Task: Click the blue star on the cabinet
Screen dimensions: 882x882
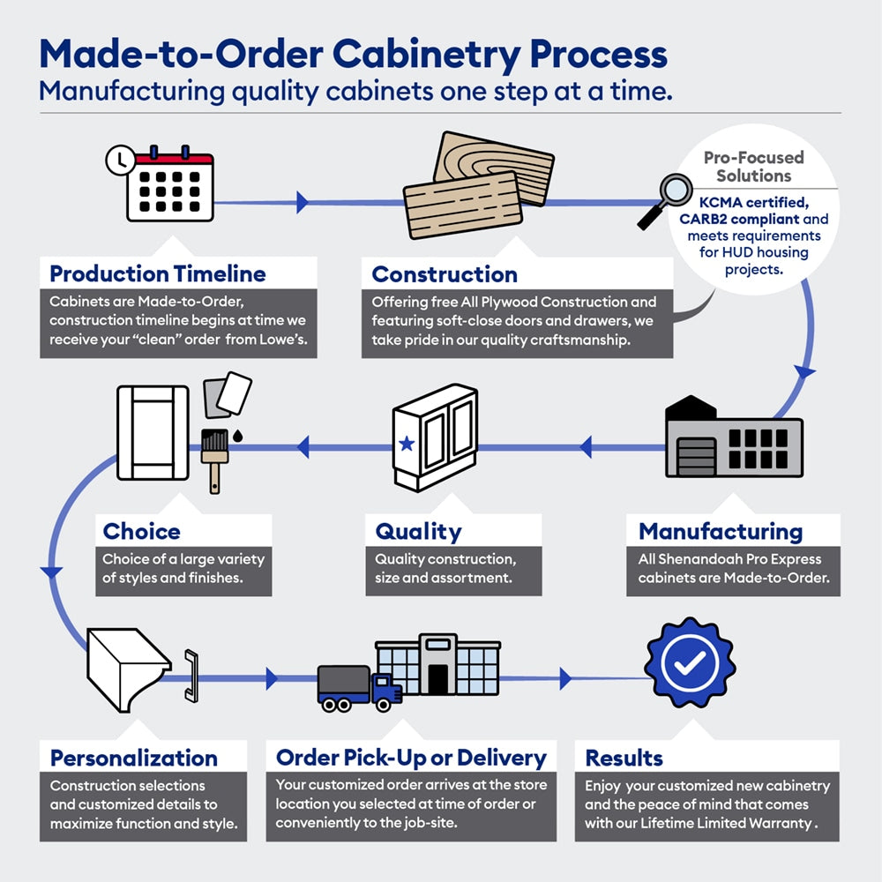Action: pyautogui.click(x=407, y=444)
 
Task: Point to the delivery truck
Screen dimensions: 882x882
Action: pyautogui.click(x=357, y=687)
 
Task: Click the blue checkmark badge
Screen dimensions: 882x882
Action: pyautogui.click(x=689, y=662)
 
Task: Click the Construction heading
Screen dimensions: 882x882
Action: pyautogui.click(x=445, y=274)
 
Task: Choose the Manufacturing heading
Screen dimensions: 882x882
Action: pyautogui.click(x=720, y=532)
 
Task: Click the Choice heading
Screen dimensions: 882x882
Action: pyautogui.click(x=141, y=532)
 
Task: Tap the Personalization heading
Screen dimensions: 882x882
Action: pyautogui.click(x=133, y=758)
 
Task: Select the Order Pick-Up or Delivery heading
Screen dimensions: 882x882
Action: pyautogui.click(x=411, y=758)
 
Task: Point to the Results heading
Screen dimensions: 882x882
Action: pyautogui.click(x=624, y=758)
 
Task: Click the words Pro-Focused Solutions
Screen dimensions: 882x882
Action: pyautogui.click(x=753, y=166)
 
